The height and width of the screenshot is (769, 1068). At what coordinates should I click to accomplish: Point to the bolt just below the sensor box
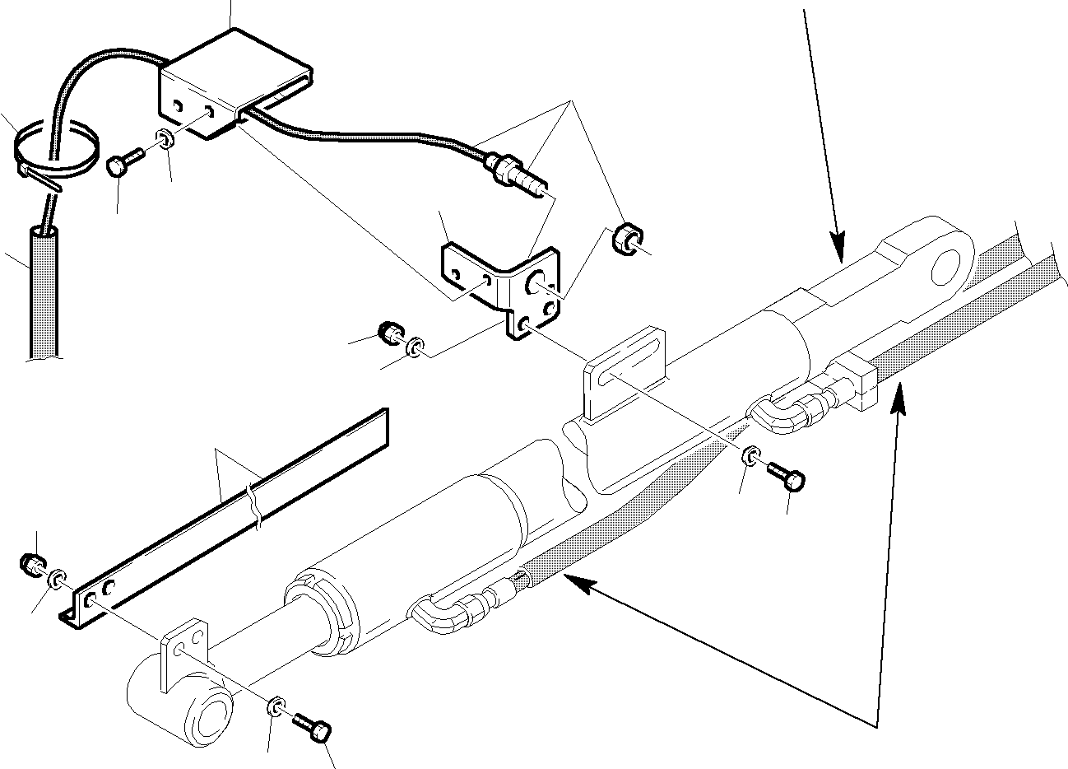pos(121,162)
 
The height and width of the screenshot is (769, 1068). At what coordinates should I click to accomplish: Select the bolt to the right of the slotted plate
pos(787,478)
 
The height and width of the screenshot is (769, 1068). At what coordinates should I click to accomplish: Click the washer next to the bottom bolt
pos(277,706)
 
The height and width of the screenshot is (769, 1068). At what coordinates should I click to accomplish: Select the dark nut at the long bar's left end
pos(31,565)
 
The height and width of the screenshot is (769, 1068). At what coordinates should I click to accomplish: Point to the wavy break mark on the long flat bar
pos(255,510)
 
